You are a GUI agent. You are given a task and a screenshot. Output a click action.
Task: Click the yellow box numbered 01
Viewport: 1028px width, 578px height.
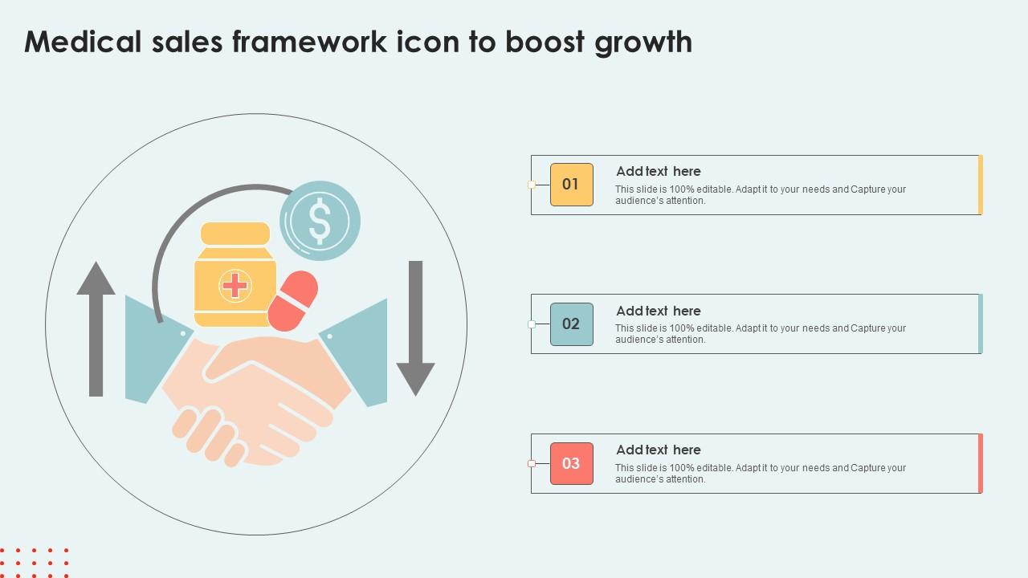pos(571,185)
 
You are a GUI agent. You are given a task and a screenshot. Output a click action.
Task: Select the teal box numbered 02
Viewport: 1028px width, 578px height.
pos(571,324)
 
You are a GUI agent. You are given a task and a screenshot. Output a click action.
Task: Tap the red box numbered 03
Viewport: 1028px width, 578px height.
pos(571,463)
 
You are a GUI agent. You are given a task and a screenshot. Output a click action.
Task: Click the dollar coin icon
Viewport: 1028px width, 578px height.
pos(320,221)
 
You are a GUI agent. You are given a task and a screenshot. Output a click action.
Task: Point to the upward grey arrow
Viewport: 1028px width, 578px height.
pos(96,329)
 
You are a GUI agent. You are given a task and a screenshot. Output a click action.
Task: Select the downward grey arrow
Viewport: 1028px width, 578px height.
pos(416,329)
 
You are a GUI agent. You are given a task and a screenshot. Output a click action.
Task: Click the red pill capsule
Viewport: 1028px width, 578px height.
pos(293,301)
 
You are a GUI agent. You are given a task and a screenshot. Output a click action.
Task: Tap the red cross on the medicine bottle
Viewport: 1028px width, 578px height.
pos(235,285)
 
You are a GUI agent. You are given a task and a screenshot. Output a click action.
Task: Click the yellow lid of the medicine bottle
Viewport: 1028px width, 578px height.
pos(235,234)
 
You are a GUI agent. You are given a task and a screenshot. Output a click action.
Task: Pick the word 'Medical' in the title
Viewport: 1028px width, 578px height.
pos(83,42)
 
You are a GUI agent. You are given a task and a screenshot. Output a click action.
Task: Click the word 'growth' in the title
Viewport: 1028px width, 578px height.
pos(643,43)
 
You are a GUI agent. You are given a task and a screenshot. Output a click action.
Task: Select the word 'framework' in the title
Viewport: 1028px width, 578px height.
pos(310,42)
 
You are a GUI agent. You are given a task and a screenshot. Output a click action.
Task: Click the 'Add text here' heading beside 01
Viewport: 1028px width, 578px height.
pos(658,171)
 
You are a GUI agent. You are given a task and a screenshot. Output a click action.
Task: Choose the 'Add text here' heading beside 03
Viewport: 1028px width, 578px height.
pos(658,450)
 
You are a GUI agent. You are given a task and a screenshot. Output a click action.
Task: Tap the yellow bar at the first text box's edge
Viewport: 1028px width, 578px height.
pos(981,185)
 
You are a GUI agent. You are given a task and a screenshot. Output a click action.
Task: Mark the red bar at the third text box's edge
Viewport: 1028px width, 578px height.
pos(981,463)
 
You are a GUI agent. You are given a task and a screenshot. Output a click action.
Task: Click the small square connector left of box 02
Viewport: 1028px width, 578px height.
pos(532,324)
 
